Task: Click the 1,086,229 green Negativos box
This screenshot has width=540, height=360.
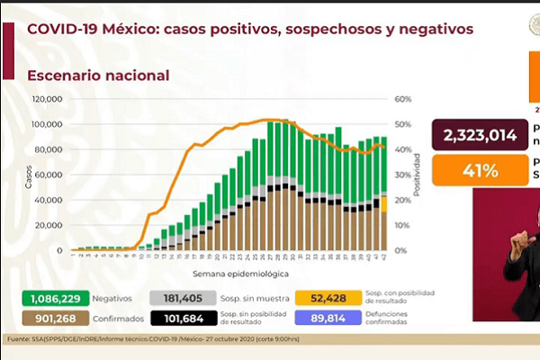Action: point(44,297)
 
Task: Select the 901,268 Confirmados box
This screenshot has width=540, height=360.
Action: point(44,316)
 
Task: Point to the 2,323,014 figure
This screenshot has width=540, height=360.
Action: point(479,136)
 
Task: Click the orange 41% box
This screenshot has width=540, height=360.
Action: point(479,169)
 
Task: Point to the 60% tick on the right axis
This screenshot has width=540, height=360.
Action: point(403,99)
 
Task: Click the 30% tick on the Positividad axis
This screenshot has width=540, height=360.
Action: point(403,175)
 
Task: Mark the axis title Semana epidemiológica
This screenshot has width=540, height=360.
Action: point(239,272)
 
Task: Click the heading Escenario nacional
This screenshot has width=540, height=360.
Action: point(98,76)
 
